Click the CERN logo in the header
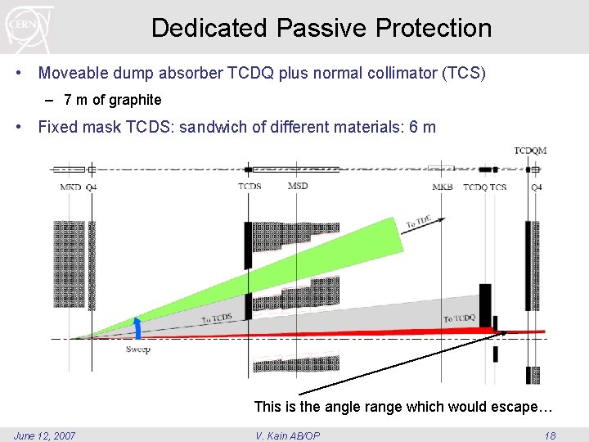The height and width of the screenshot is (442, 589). click(x=29, y=27)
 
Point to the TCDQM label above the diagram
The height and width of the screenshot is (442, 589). click(x=530, y=151)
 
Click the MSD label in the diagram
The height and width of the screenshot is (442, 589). click(x=298, y=186)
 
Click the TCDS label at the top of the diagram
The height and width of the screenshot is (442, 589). click(x=250, y=187)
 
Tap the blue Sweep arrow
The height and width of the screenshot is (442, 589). click(x=138, y=327)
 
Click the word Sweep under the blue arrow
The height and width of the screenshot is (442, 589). click(x=138, y=350)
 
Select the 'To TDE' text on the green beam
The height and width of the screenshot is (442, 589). click(x=419, y=222)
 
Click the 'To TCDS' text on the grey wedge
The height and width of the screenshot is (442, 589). click(x=217, y=319)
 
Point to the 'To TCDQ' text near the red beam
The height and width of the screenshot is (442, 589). click(x=459, y=318)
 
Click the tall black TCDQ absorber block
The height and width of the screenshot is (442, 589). click(x=485, y=305)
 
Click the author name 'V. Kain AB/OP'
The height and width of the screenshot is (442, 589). click(x=288, y=435)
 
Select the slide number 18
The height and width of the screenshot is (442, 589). click(x=550, y=435)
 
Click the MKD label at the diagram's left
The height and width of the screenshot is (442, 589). click(x=70, y=187)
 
